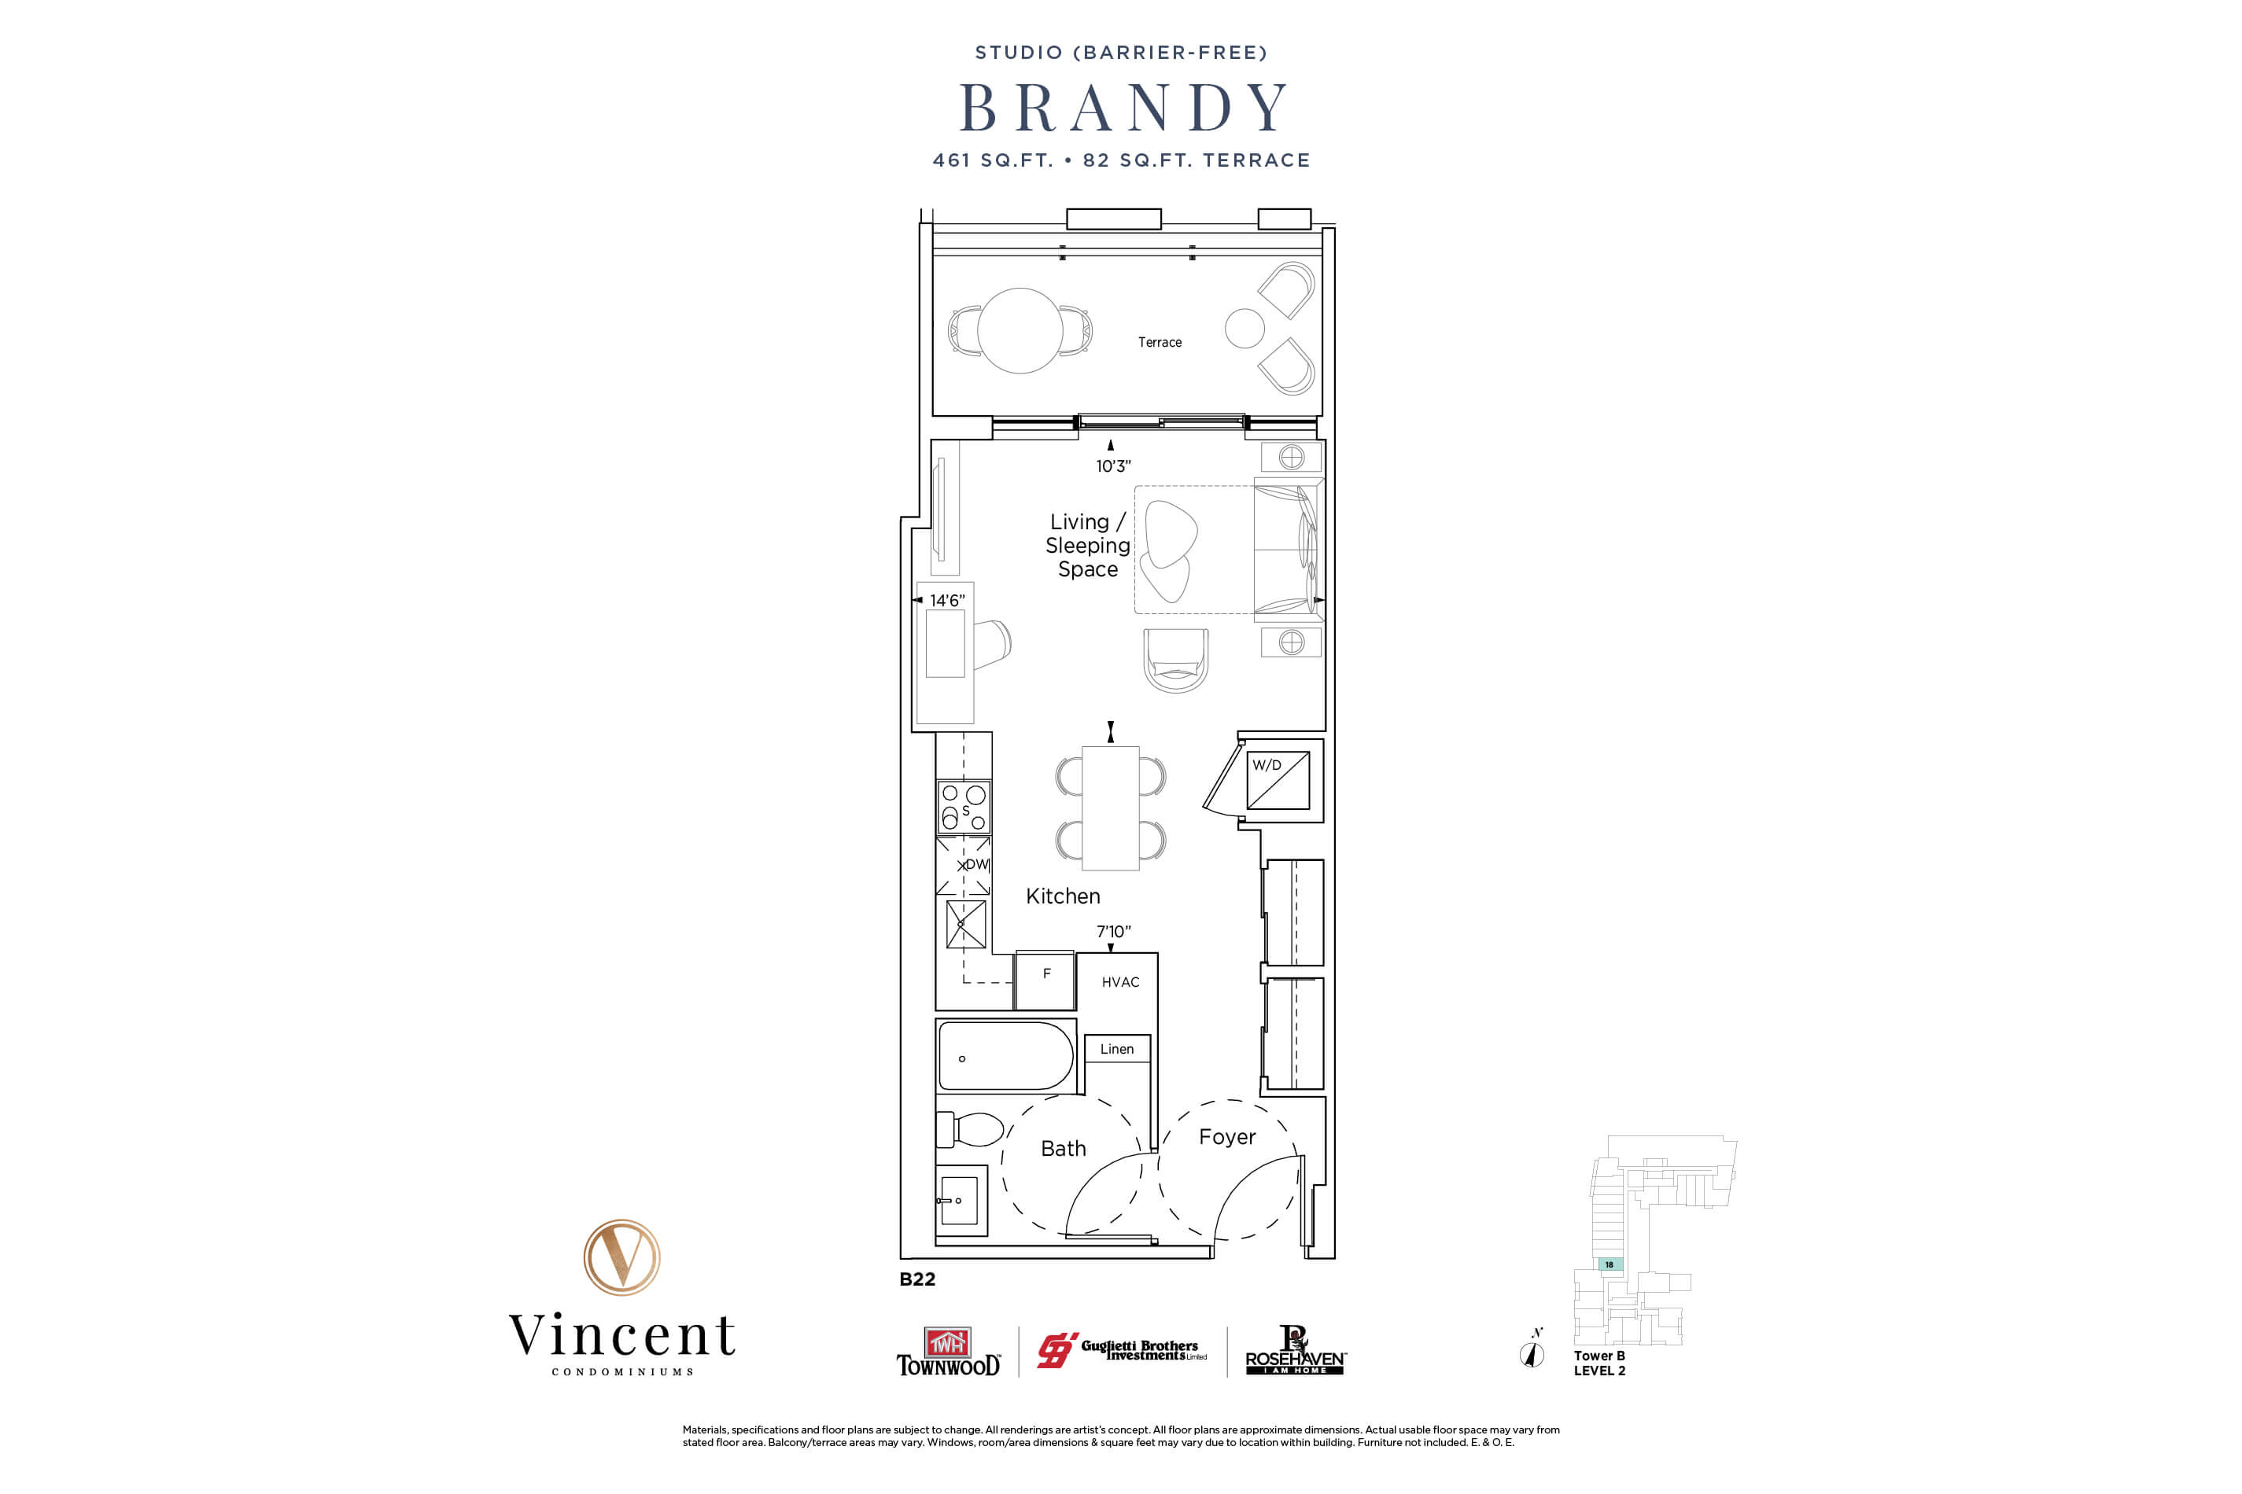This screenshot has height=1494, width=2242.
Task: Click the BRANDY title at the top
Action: click(1123, 108)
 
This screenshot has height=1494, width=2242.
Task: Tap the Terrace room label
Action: click(1159, 342)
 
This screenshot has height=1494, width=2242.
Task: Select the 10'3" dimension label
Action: click(1112, 466)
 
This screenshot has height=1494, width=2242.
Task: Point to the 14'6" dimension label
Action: click(946, 600)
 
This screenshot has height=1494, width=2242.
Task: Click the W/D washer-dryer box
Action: click(1278, 780)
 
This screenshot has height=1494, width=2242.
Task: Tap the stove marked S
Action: click(964, 807)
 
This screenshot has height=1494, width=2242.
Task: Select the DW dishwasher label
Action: click(976, 864)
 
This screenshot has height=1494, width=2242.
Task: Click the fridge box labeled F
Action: click(1045, 981)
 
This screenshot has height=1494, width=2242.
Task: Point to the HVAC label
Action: click(1120, 982)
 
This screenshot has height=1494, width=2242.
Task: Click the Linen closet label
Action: click(1116, 1049)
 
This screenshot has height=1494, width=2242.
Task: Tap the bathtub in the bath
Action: click(1005, 1057)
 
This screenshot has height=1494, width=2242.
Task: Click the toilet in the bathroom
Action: click(972, 1130)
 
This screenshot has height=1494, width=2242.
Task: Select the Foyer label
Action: click(1227, 1137)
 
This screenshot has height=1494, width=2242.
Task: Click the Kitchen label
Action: click(1063, 896)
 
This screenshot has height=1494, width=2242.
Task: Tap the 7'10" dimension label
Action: click(1112, 931)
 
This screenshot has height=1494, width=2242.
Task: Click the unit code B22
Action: click(917, 1279)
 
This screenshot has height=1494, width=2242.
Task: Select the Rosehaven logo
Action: click(1295, 1351)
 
